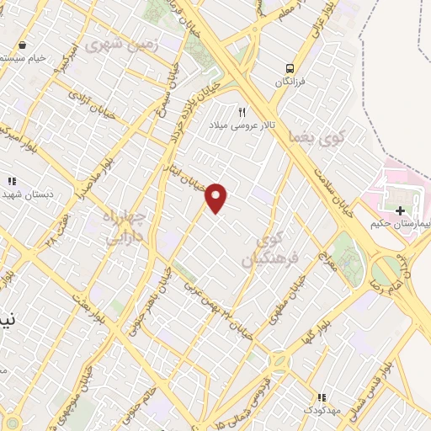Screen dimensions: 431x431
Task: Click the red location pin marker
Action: [217, 197]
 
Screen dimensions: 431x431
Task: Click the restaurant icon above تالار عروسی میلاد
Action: [242, 111]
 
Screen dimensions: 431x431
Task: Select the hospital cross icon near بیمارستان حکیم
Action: [400, 210]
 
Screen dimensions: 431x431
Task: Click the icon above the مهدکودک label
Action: [320, 397]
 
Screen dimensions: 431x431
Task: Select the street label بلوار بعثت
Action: [84, 304]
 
